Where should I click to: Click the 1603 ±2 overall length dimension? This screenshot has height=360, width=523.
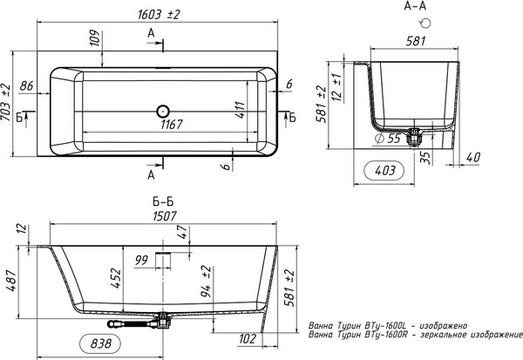[x=159, y=14]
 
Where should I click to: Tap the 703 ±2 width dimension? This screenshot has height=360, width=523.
[x=6, y=103]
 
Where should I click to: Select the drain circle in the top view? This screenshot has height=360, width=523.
[x=163, y=111]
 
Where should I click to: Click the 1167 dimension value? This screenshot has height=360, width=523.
[x=172, y=125]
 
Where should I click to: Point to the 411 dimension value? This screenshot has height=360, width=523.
[x=241, y=110]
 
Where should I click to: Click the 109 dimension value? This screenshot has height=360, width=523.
[x=95, y=37]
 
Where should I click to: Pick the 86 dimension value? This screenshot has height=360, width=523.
[x=26, y=85]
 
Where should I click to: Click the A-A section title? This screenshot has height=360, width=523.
[x=415, y=6]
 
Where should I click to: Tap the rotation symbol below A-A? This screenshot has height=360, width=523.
[x=425, y=23]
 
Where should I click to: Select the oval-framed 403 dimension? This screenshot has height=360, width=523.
[x=384, y=171]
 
